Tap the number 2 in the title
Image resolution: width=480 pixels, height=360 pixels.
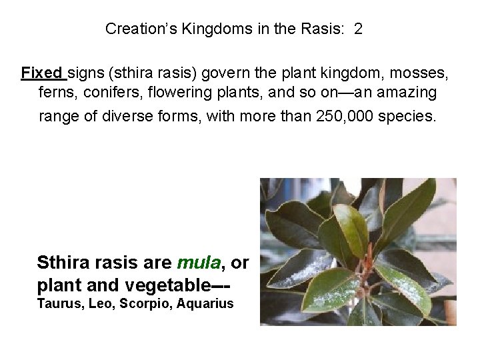pyautogui.click(x=359, y=30)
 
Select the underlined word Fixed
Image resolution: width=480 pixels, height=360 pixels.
pyautogui.click(x=41, y=72)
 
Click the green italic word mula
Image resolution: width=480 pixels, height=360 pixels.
pyautogui.click(x=199, y=263)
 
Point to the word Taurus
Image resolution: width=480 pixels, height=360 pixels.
pyautogui.click(x=57, y=304)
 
